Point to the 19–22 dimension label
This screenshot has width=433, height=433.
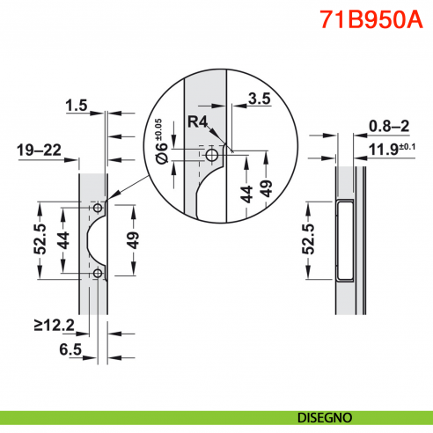pos(39,151)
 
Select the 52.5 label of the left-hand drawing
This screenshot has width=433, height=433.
pos(40,239)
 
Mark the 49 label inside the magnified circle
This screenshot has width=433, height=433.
pos(267,188)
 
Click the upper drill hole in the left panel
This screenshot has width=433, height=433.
pos(97,209)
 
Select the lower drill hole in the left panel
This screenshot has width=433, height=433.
pos(97,274)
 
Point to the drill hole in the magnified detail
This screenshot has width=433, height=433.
pos(212,155)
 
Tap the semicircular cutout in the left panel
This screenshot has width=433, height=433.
pos(99,241)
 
